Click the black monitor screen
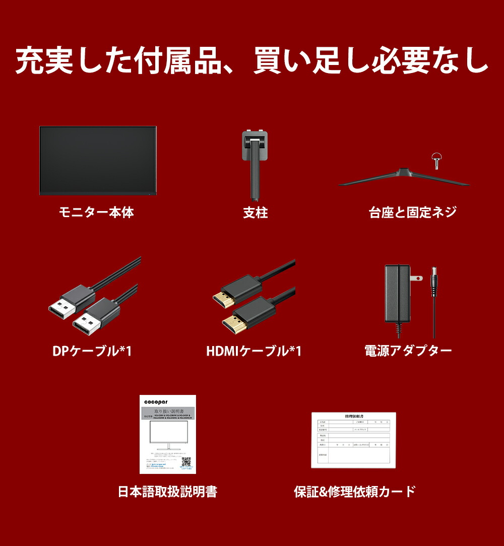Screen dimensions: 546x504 pyautogui.click(x=98, y=160)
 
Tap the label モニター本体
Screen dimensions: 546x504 pyautogui.click(x=96, y=213)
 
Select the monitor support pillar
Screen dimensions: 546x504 pyautogui.click(x=255, y=169)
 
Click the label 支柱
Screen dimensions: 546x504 pyautogui.click(x=255, y=213)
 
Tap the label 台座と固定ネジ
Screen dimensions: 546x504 pyautogui.click(x=413, y=213)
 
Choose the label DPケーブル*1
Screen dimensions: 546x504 pyautogui.click(x=92, y=351)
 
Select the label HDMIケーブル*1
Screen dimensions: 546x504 pyautogui.click(x=254, y=351)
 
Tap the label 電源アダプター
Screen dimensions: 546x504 pyautogui.click(x=408, y=351)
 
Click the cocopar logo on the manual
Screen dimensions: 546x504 pyautogui.click(x=155, y=401)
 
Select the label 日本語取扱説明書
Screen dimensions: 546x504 pyautogui.click(x=167, y=492)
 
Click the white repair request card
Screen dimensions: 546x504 pyautogui.click(x=353, y=440)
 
